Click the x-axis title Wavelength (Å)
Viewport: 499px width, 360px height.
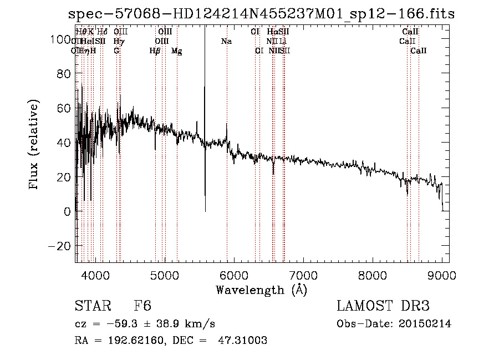tap(261, 290)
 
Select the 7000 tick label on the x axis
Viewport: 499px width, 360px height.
tap(303, 275)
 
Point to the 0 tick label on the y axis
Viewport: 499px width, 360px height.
tap(66, 211)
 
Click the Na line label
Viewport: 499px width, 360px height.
tap(226, 42)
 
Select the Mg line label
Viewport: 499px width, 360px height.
tap(176, 51)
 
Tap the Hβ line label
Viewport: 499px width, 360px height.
tap(155, 51)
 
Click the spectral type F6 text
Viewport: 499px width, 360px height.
tap(142, 307)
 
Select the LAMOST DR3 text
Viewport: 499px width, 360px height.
tap(383, 307)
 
